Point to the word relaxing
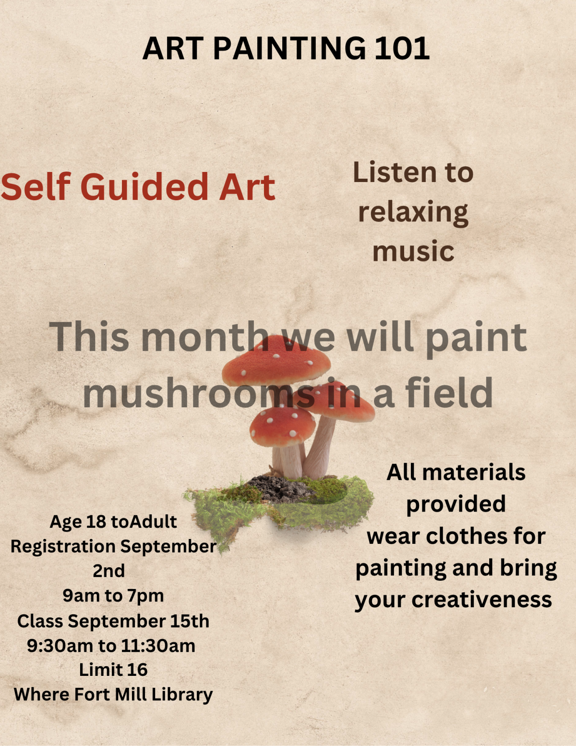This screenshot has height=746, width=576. click(x=413, y=212)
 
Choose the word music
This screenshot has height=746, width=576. click(x=413, y=251)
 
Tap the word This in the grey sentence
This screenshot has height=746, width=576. click(x=89, y=336)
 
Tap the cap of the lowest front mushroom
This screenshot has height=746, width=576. click(x=282, y=425)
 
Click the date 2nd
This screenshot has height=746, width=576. click(x=109, y=571)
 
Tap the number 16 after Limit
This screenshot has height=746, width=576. click(x=137, y=670)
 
